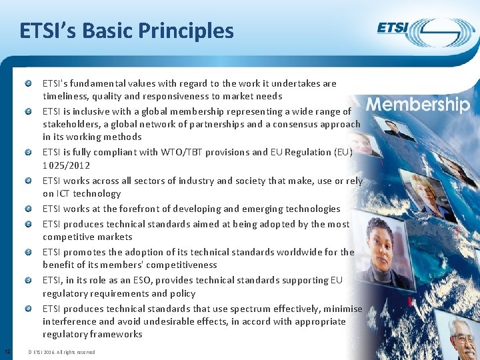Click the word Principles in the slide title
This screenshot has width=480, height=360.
pyautogui.click(x=186, y=31)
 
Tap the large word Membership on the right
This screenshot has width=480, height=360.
pyautogui.click(x=418, y=105)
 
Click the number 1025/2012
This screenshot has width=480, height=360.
pyautogui.click(x=66, y=165)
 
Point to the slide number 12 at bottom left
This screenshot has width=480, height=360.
pyautogui.click(x=7, y=351)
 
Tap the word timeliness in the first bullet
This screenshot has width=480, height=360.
pyautogui.click(x=65, y=96)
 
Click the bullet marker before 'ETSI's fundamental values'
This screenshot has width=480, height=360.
pyautogui.click(x=29, y=84)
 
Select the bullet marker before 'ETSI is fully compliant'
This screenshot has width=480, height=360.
pyautogui.click(x=29, y=152)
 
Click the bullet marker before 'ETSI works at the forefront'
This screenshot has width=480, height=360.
pyautogui.click(x=29, y=209)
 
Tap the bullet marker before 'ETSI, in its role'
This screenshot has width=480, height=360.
pyautogui.click(x=29, y=281)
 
